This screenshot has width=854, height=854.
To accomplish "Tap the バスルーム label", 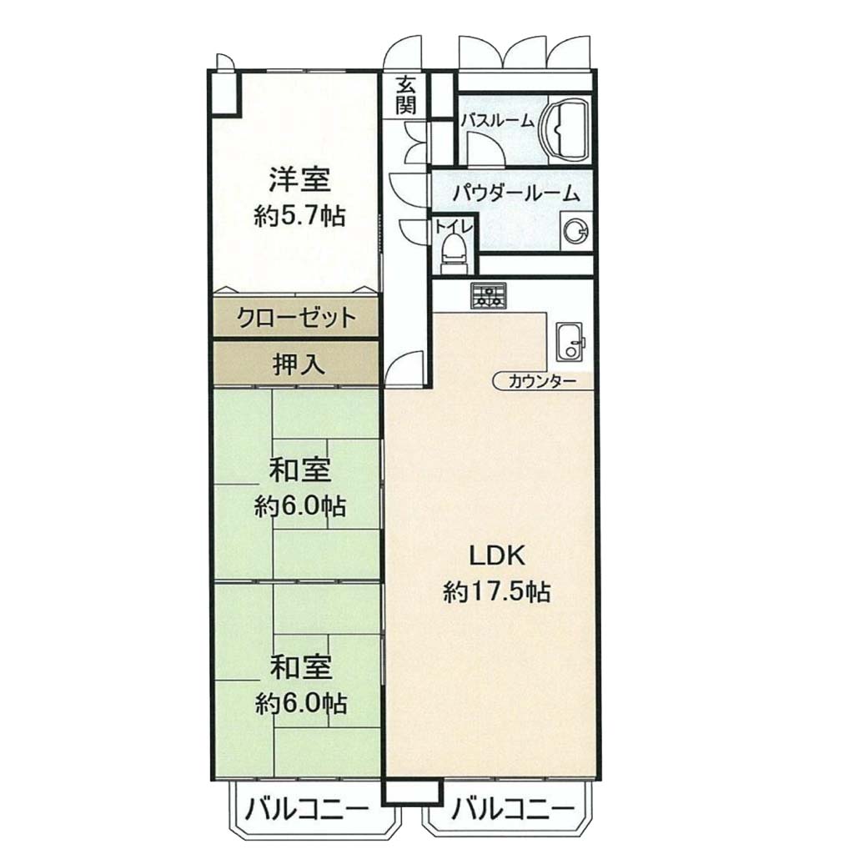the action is [497, 120].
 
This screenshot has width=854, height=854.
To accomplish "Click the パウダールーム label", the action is [516, 193].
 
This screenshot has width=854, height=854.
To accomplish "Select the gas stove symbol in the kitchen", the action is [489, 296].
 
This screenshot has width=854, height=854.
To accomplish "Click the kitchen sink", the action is [570, 341].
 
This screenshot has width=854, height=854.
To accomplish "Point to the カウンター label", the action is [542, 381].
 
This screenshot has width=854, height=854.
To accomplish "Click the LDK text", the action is [497, 556].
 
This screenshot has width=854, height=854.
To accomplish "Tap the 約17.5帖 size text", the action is [497, 591].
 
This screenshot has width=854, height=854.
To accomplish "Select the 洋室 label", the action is [299, 180].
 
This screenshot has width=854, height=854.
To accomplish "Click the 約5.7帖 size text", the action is [299, 216].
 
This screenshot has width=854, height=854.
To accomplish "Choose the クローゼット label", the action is [296, 316].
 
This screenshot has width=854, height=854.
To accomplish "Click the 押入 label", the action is [299, 364].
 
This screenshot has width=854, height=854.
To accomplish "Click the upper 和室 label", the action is [300, 470].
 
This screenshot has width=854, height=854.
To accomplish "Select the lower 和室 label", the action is [300, 668].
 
